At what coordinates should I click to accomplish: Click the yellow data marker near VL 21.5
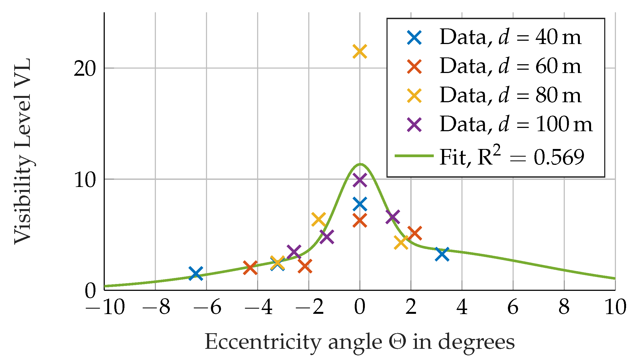[359, 51]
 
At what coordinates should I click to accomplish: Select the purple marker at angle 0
[359, 180]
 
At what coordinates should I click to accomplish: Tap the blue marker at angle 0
[359, 204]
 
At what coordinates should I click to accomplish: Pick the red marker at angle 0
[359, 221]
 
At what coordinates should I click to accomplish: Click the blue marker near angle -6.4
[196, 273]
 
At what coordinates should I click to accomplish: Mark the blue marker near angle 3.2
[442, 254]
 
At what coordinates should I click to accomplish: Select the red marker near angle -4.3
[250, 267]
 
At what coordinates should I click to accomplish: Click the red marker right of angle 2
[414, 233]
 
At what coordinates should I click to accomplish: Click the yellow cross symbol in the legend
[414, 96]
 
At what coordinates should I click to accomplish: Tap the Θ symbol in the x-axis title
[397, 342]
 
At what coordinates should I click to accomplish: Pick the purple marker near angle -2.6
[294, 251]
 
